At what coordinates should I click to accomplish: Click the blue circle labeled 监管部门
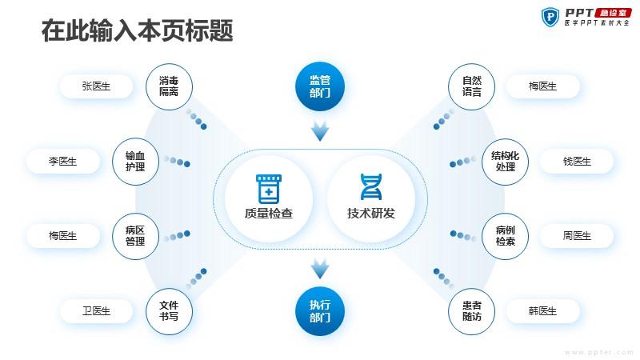tap(320, 86)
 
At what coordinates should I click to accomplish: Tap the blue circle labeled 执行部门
tap(320, 311)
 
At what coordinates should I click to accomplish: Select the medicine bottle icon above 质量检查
tap(269, 189)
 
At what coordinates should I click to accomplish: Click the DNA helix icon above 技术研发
tap(371, 187)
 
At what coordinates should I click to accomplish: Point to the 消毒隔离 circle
tap(169, 86)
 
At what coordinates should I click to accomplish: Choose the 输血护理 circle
tap(135, 162)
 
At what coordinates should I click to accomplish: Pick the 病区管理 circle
tap(135, 236)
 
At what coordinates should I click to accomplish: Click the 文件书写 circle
tap(169, 311)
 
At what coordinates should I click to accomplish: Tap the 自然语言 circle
tap(471, 86)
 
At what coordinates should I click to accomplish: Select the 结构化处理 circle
tap(506, 162)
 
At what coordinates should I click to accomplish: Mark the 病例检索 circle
tap(506, 236)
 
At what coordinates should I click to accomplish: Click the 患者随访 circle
tap(471, 311)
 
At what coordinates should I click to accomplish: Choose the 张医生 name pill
tap(96, 86)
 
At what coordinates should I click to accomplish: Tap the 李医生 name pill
tap(63, 162)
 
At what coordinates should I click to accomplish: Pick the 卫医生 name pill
tap(96, 311)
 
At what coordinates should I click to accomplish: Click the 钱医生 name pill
tap(577, 162)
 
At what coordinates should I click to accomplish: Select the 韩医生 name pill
tap(543, 311)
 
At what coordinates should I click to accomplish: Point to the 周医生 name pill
tap(577, 236)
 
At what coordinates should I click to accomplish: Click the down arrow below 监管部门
tap(320, 131)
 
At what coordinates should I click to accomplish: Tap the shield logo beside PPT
tap(550, 17)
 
